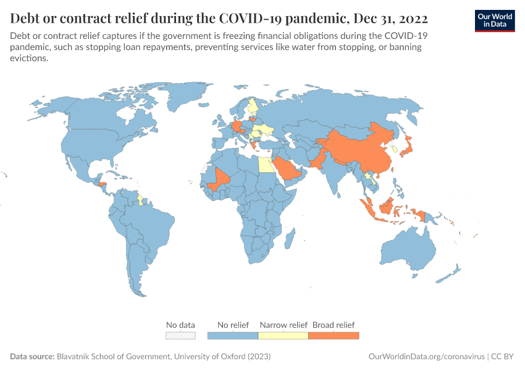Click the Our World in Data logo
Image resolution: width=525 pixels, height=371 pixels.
tap(495, 20)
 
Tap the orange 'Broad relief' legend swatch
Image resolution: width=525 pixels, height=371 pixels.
tap(334, 335)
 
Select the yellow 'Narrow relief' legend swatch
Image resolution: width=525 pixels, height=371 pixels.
tap(283, 335)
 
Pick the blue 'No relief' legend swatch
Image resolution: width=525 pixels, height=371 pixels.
tap(233, 335)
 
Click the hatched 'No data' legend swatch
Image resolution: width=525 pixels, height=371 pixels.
tap(180, 335)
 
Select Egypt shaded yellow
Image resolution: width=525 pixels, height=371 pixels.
tap(264, 165)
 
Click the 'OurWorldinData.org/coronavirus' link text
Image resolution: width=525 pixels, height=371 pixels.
tap(426, 357)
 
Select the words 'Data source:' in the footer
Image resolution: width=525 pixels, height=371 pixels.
tap(32, 357)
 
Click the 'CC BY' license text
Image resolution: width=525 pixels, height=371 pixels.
tap(503, 357)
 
